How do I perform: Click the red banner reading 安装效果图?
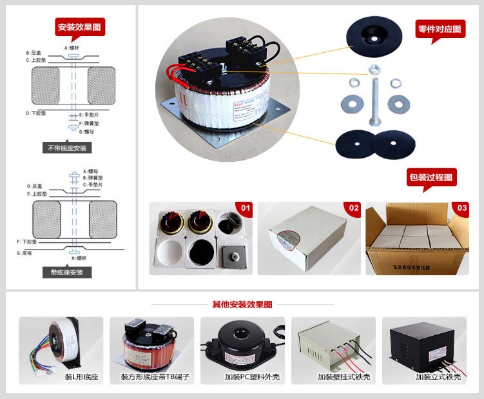[80, 27]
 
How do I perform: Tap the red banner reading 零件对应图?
[440, 29]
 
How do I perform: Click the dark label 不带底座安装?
[68, 148]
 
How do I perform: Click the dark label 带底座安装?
[67, 272]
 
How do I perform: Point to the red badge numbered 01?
[245, 208]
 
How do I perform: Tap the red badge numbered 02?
[354, 208]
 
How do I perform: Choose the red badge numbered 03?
[461, 208]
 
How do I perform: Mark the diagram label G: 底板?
[23, 253]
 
